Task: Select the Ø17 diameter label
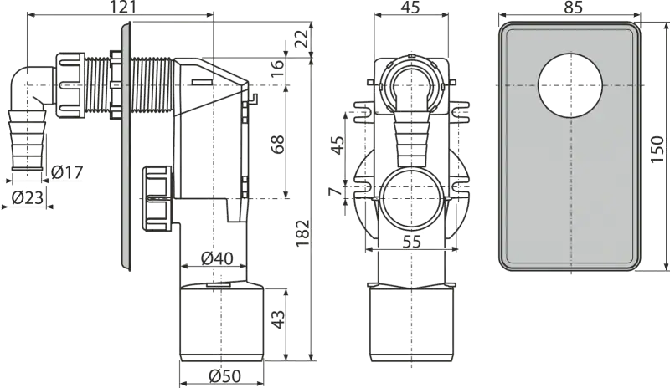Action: click(67, 172)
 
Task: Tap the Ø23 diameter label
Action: click(28, 197)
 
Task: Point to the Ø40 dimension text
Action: click(217, 258)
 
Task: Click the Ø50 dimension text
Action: click(224, 376)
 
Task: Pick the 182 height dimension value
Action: click(302, 233)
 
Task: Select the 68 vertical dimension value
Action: click(278, 145)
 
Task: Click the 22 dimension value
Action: click(302, 39)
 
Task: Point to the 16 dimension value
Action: click(278, 68)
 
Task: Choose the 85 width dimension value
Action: click(574, 7)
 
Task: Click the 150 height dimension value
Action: click(657, 149)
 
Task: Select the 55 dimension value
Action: click(412, 242)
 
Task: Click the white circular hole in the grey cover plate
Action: click(570, 86)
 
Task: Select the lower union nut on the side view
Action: click(157, 198)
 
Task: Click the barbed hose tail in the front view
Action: click(412, 136)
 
